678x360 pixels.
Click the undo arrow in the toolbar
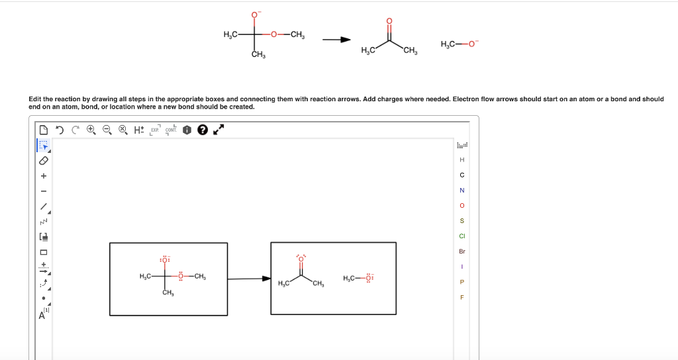[59, 130]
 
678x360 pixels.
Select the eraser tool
[44, 160]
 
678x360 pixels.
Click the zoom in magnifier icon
[91, 130]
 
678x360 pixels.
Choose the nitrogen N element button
[462, 190]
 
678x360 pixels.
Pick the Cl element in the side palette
[462, 236]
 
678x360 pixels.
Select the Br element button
[462, 251]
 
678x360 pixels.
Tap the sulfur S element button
[462, 220]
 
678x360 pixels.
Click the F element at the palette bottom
[462, 297]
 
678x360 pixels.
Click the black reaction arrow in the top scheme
[336, 40]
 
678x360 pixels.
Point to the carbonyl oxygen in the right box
[301, 258]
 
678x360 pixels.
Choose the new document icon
[44, 130]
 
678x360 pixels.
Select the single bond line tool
[44, 206]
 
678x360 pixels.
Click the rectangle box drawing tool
[44, 252]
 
